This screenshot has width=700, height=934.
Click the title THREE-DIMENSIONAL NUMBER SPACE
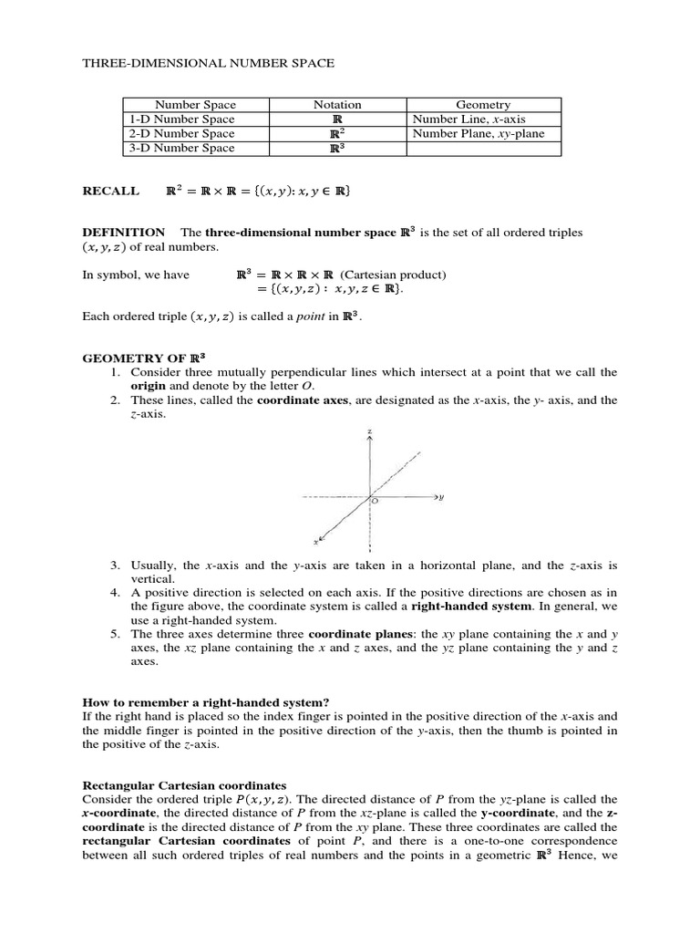coord(209,63)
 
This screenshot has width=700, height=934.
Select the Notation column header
coord(337,105)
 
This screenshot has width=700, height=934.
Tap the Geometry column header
coord(483,105)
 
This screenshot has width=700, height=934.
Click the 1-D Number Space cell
coord(180,119)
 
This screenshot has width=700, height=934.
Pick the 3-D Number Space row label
coord(180,148)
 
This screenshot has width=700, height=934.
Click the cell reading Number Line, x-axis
coord(469,119)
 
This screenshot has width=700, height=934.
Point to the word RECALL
coord(111,192)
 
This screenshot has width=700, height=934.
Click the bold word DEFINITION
coord(124,233)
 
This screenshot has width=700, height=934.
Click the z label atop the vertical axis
coord(369,431)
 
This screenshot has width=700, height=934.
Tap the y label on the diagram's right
coord(441,498)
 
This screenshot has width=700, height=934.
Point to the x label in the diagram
coord(315,541)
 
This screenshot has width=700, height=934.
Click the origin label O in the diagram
coord(376,503)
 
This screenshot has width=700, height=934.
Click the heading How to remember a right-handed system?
coord(206,701)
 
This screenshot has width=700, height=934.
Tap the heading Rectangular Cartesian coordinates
coord(185,784)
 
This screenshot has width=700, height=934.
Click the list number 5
coord(115,633)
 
